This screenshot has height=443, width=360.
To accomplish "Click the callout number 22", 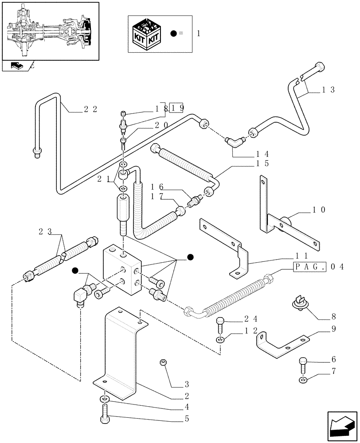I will point(90,110).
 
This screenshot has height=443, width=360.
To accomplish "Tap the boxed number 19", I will point(177,108).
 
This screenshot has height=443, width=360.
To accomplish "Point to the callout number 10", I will point(319,210).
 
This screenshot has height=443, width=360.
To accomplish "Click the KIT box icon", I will point(147,34).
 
